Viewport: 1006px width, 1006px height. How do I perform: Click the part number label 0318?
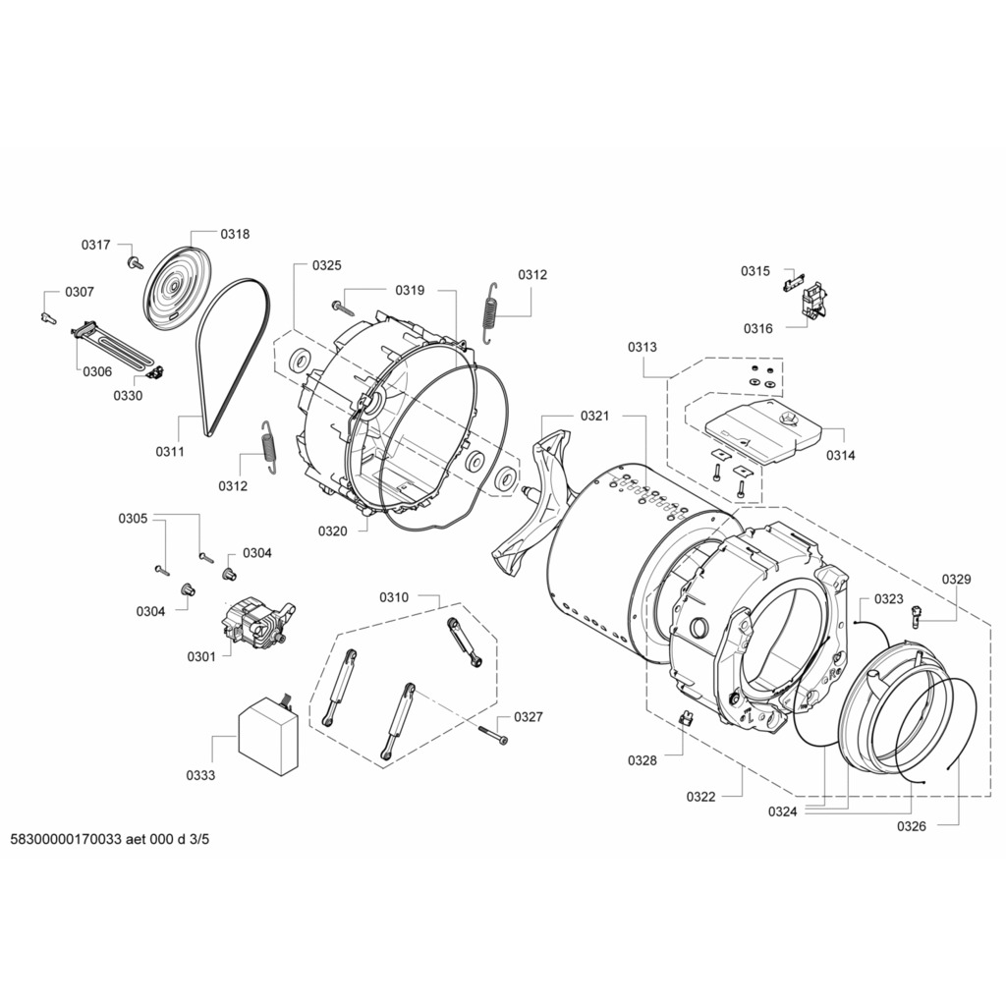(x=235, y=234)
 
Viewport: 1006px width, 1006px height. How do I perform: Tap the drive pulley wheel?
(x=174, y=285)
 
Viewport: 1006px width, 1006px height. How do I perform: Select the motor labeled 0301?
(x=252, y=626)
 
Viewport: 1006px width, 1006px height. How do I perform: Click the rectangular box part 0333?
(x=268, y=736)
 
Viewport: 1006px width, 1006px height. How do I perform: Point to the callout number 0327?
(x=528, y=717)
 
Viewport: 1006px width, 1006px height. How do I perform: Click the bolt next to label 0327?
(x=494, y=733)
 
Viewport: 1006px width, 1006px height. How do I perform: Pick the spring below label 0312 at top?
(x=488, y=312)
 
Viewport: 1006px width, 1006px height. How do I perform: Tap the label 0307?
(x=80, y=292)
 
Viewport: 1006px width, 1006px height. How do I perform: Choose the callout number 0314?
(x=840, y=455)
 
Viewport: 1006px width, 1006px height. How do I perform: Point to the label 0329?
(x=956, y=580)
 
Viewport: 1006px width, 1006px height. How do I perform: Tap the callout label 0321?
(x=594, y=416)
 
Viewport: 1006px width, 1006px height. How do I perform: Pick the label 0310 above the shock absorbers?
(x=394, y=597)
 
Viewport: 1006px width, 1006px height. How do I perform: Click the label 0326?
(x=911, y=826)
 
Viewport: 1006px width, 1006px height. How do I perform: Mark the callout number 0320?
(x=332, y=531)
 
